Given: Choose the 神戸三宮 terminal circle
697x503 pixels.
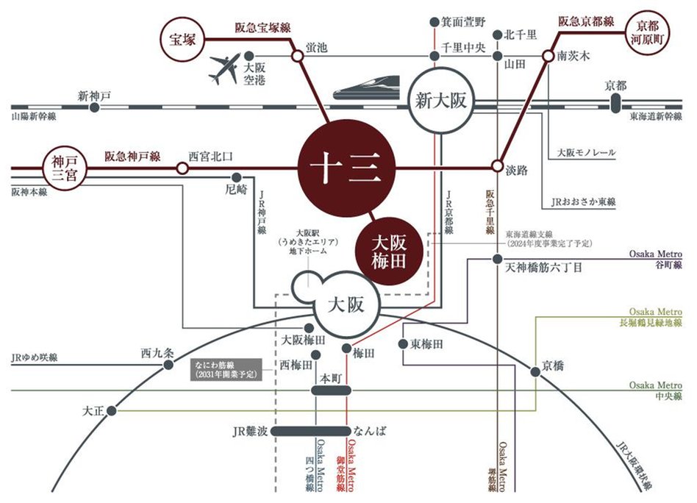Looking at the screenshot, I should click(x=64, y=168).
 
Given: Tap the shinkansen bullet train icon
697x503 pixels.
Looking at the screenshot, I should click(x=366, y=88).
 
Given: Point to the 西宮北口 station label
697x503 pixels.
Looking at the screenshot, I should click(x=210, y=155).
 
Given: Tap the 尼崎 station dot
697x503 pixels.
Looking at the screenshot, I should click(x=236, y=177).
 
